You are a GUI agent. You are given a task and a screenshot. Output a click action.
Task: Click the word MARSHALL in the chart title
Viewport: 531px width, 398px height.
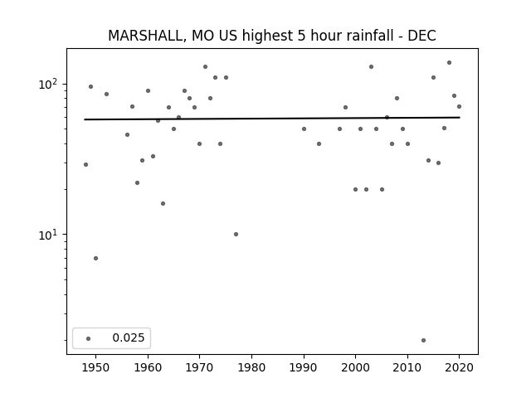(147, 36)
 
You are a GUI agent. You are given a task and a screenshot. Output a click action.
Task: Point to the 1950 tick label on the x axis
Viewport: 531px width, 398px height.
(96, 367)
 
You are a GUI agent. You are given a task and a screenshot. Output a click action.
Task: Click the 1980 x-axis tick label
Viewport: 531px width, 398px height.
(251, 367)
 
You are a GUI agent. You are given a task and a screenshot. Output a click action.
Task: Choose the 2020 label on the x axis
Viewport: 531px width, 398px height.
(459, 367)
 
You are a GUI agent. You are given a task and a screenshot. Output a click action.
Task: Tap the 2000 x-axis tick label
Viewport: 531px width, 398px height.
(355, 367)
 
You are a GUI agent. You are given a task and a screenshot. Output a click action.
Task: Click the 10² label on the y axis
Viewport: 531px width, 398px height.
(49, 83)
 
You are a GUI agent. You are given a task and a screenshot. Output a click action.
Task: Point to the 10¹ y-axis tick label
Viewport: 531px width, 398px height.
(49, 234)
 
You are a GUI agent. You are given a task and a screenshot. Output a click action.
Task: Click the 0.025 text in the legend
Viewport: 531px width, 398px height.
(129, 337)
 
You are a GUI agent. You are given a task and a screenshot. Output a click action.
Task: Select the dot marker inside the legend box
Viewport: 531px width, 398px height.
(89, 338)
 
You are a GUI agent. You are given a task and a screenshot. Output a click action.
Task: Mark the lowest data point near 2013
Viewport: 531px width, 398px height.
(423, 340)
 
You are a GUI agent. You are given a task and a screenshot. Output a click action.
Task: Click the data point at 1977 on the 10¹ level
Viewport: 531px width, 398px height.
(236, 234)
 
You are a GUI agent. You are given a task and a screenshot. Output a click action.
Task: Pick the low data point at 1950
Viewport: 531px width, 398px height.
(96, 258)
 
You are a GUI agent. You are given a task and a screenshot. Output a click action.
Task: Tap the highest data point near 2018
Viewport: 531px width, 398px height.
(450, 63)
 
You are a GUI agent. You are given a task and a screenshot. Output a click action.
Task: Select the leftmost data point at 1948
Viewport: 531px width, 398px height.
(85, 164)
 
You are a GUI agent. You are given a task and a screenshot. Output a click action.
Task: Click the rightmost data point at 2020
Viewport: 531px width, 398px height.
(459, 107)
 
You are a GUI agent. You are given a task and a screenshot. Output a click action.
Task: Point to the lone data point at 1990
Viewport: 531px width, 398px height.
(304, 129)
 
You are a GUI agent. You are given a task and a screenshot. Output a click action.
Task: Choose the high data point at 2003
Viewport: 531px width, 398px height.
(371, 66)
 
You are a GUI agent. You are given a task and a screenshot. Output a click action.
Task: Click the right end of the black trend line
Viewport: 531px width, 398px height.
(460, 118)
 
